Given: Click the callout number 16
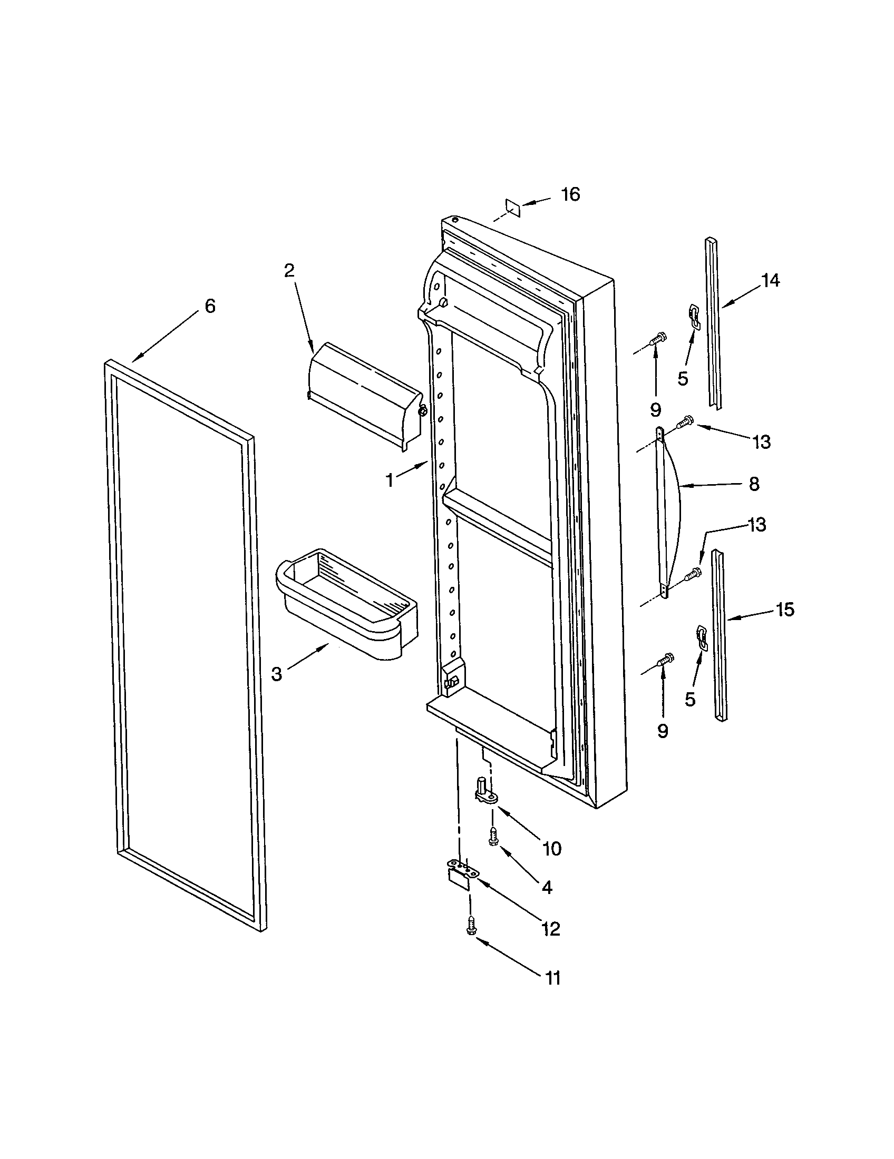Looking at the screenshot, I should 571,194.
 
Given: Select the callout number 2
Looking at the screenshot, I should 289,271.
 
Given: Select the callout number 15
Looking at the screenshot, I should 785,610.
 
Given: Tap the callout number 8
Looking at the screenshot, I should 754,484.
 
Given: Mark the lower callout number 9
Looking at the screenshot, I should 662,731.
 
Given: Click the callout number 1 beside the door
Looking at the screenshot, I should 390,480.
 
